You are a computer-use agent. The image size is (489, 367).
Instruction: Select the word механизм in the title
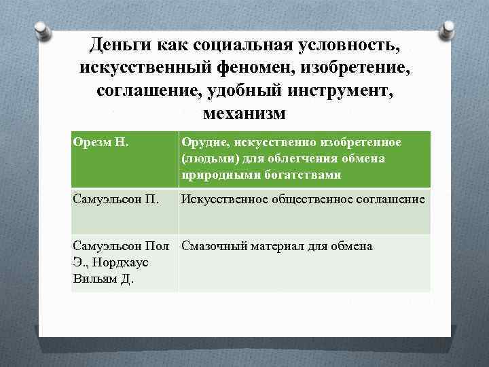click(245, 111)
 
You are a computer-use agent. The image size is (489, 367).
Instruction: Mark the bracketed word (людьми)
click(204, 158)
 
